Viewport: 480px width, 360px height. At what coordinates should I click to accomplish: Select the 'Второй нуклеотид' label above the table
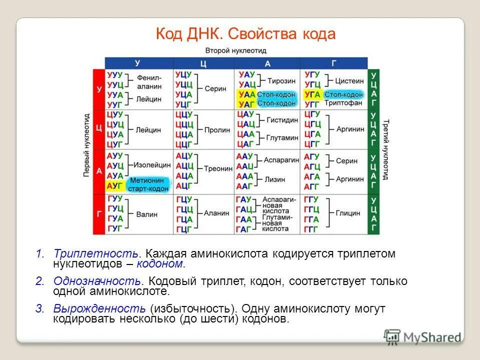pos(235,50)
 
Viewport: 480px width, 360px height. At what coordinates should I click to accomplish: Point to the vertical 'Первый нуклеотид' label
pos(85,145)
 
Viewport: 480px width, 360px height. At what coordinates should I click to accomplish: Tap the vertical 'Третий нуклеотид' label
pos(385,149)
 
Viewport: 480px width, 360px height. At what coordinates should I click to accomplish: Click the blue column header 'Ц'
pos(203,63)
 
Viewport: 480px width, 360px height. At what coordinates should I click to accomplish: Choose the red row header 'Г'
pos(98,214)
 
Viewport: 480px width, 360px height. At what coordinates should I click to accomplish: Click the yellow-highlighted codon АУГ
pos(115,186)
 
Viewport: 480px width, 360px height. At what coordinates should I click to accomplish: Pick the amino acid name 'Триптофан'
pos(343,103)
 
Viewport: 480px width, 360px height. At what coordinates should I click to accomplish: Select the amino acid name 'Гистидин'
pos(282,120)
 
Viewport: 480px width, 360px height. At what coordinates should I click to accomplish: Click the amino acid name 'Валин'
pos(146,214)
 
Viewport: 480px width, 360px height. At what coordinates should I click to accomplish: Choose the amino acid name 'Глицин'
pos(348,213)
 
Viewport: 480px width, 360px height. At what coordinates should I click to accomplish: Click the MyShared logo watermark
pos(422,336)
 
